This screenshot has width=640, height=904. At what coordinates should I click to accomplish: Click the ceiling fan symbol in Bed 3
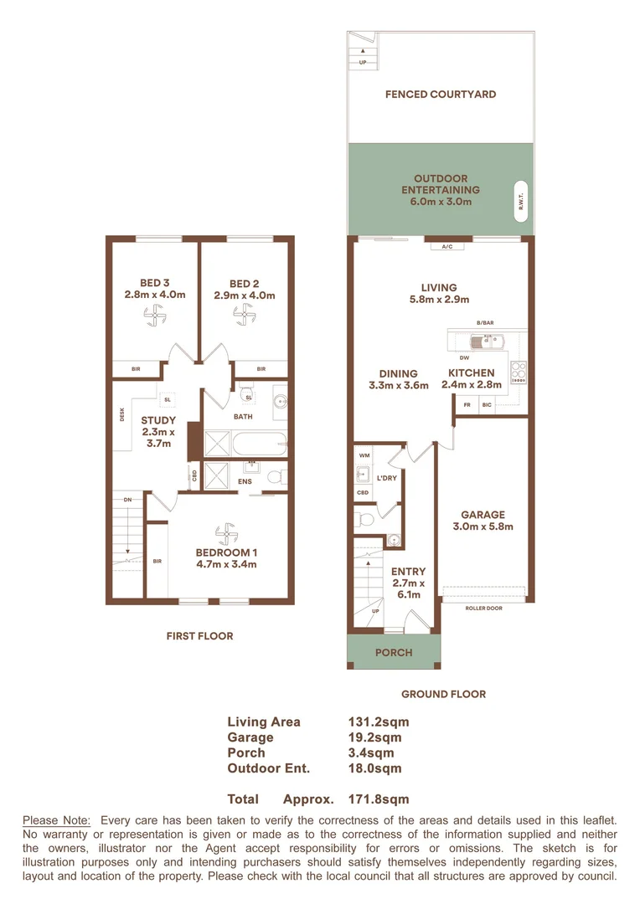tap(155, 316)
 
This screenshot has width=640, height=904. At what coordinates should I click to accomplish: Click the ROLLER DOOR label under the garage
tap(483, 609)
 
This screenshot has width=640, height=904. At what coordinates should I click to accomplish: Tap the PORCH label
tap(393, 652)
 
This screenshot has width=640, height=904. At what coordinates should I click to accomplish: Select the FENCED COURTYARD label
tap(441, 95)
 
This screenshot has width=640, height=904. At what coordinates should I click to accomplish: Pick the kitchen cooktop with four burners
tap(518, 371)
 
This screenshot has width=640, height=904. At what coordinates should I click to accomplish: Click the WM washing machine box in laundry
tap(364, 456)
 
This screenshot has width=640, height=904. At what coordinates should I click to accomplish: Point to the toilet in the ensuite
tap(278, 477)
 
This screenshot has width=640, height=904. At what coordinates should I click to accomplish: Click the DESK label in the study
tap(122, 413)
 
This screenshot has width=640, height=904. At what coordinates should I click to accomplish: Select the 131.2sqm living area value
tap(379, 722)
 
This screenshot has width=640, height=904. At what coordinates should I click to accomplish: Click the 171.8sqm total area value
tap(379, 799)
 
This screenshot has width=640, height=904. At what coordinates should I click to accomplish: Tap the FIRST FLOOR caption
tap(199, 636)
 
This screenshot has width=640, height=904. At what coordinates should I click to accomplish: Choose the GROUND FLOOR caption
tap(443, 694)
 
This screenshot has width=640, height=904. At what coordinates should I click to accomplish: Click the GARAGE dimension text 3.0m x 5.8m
tap(483, 527)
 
